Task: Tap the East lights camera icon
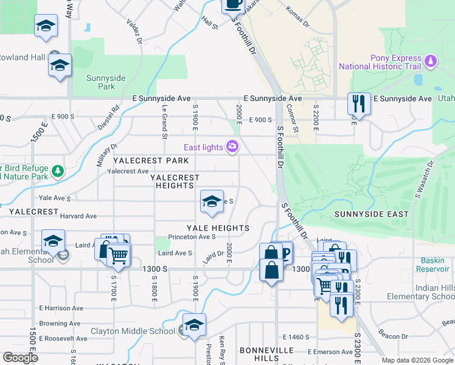[x=232, y=147]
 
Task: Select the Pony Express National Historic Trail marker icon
[x=431, y=61]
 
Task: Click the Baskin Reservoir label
[x=433, y=264]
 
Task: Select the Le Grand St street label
[x=164, y=121]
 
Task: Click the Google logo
[x=20, y=358]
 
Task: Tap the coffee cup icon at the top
[x=232, y=5]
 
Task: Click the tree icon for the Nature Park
[x=58, y=171]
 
